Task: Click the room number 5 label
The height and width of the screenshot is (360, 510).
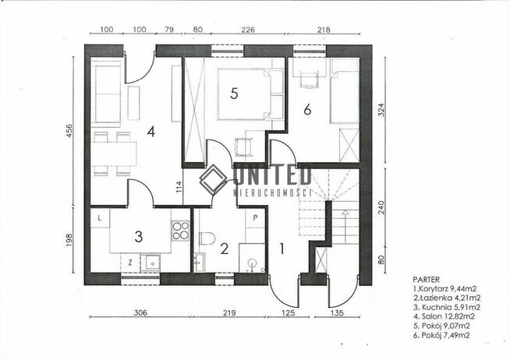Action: [234, 94]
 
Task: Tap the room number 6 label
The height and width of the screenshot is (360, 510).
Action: [307, 110]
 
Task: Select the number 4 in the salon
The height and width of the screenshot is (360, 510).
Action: [151, 132]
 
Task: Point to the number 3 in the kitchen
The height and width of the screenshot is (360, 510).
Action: [139, 237]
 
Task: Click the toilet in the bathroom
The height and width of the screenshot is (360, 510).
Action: [207, 238]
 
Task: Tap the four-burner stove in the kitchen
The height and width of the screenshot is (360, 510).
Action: [180, 231]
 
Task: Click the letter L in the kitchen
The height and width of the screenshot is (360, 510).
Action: [100, 218]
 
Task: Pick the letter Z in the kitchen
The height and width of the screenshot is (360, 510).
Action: [130, 263]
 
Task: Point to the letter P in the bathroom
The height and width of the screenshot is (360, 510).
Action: [255, 218]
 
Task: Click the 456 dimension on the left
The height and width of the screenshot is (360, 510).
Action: [69, 132]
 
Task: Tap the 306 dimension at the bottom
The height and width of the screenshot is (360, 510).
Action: [140, 312]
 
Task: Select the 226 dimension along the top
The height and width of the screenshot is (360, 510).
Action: [248, 30]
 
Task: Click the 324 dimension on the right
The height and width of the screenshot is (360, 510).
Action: [381, 110]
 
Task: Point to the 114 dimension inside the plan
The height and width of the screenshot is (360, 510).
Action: [179, 187]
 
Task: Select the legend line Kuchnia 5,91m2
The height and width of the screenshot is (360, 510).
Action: [447, 307]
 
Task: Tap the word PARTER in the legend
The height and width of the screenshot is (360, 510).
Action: [426, 280]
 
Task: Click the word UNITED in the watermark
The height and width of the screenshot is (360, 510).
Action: [273, 175]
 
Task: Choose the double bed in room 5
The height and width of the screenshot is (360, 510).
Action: [251, 94]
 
